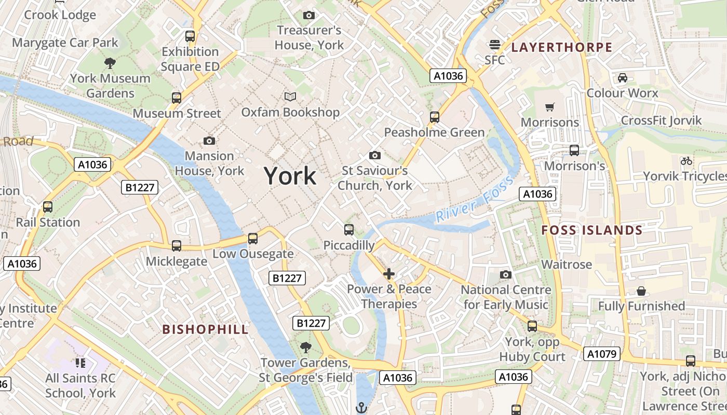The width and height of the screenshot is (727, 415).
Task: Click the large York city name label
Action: point(290,176)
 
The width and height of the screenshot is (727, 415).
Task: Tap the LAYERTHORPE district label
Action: point(562,47)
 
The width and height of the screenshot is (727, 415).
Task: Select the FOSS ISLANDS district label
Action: point(592,230)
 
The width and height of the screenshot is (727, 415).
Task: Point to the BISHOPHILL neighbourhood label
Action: point(206,329)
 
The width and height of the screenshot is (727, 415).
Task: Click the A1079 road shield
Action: point(602,354)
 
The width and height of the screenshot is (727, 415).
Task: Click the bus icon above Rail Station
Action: point(48,207)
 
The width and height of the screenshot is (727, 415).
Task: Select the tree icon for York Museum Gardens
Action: point(110,63)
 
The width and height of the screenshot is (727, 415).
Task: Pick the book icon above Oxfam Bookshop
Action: point(290,96)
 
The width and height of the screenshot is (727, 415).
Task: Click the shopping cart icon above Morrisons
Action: point(550,107)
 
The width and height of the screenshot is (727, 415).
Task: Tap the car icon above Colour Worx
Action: point(622,78)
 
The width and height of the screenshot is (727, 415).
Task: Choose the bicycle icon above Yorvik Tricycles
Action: point(686,161)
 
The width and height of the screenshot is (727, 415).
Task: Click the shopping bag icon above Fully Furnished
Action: point(641,291)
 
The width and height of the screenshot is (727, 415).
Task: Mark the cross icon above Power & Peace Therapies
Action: point(389,273)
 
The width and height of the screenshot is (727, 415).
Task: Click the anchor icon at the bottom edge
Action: point(361,408)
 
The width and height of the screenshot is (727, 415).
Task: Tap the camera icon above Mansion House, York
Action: point(209,141)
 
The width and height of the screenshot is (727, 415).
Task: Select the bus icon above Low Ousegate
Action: point(253,239)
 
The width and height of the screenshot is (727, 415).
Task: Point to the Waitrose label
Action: point(567,265)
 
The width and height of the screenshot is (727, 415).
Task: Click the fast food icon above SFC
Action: point(495,45)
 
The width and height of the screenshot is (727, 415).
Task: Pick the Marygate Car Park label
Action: point(65,43)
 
